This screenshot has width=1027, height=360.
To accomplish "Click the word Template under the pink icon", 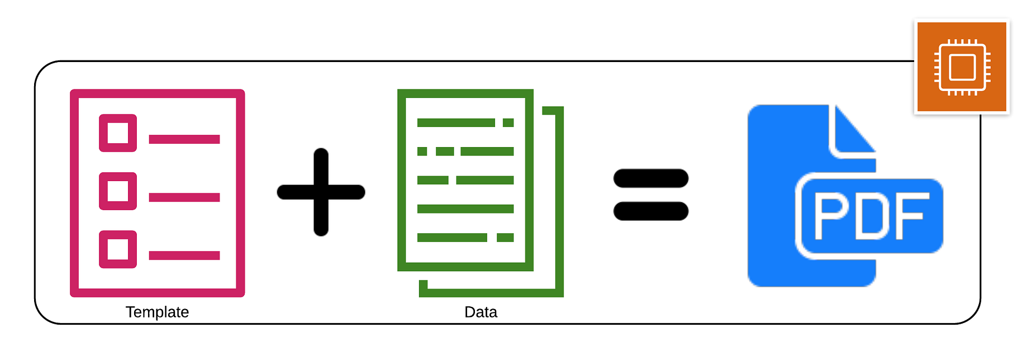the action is point(157,312).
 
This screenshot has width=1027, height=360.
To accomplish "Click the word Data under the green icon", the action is point(481,312).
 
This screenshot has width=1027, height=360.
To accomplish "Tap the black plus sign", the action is point(321,192).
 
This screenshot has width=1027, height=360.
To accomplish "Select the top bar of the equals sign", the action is point(651,178).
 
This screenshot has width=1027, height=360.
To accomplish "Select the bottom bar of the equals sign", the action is point(651,211).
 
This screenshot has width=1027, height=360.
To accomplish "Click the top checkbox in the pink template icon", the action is point(118,133).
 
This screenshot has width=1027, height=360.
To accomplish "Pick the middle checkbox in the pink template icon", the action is point(118,191).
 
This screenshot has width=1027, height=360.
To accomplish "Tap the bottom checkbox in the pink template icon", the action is point(118,249).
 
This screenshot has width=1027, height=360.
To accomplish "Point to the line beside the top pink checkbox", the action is point(184,139).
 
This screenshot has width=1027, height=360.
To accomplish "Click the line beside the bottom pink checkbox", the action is point(184,255).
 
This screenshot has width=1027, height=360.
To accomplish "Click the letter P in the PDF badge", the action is point(830,215).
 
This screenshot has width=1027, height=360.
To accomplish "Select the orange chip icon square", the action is point(962,67).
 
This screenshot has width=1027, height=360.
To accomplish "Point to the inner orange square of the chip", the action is point(962,67).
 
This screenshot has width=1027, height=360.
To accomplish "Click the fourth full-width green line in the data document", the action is point(465,209).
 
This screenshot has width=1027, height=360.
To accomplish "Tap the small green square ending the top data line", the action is point(508,123).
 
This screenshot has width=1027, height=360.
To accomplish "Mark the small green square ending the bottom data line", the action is point(505,238).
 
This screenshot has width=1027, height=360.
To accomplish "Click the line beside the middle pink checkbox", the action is point(184,197).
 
